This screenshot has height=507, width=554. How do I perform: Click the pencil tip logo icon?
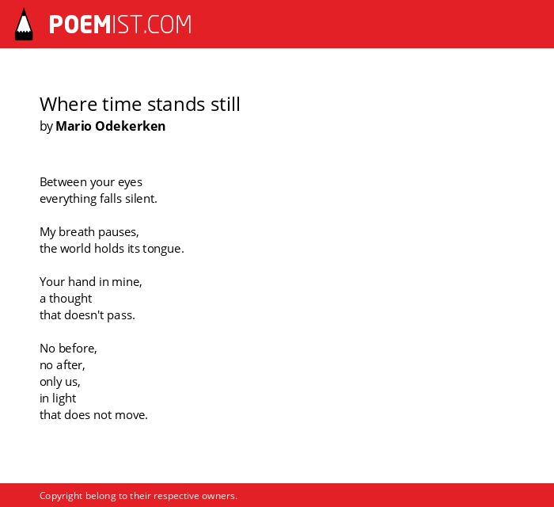tap(24, 25)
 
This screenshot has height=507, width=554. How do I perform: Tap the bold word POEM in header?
tap(80, 25)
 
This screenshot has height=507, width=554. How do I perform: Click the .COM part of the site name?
tap(168, 25)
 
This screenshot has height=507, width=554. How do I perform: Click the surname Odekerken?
tap(131, 126)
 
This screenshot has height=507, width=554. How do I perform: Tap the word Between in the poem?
tap(63, 182)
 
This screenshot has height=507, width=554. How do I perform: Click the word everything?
tap(68, 199)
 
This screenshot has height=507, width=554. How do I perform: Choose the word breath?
tap(77, 232)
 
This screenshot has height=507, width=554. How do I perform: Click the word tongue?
tap(163, 249)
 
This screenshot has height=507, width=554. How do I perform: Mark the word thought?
tap(70, 299)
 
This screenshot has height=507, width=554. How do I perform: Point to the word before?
tap(78, 349)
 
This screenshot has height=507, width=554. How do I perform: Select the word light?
tap(64, 398)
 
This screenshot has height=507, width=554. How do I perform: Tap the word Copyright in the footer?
tap(61, 496)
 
